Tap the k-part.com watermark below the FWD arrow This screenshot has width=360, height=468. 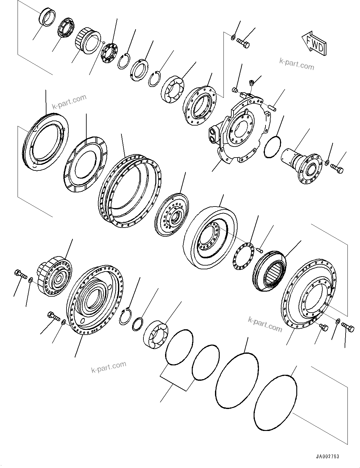point(297,64)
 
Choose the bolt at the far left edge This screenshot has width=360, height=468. point(20,274)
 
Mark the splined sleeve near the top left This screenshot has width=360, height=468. point(85,41)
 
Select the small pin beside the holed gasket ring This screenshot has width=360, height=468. point(259,250)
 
